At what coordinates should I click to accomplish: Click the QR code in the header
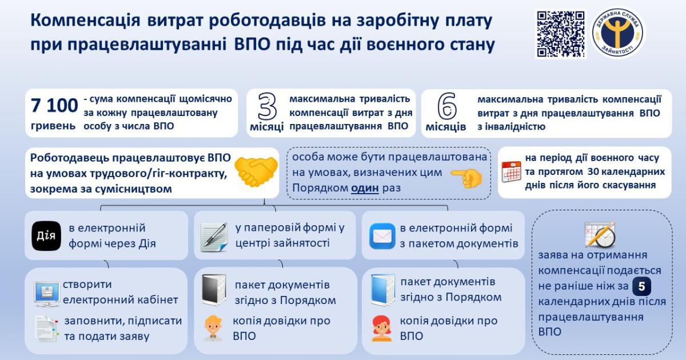click(561, 34)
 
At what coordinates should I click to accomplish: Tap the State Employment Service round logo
click(618, 33)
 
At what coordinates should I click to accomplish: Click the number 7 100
click(54, 105)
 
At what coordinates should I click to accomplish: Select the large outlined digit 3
click(267, 106)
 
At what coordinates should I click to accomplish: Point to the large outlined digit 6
click(447, 106)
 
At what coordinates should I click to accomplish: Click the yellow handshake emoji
click(256, 172)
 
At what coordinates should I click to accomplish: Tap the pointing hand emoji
click(467, 178)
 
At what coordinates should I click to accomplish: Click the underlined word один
click(365, 187)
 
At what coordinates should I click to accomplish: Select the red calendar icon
click(511, 171)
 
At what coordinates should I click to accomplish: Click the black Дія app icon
click(46, 236)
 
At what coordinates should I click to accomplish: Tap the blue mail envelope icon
click(382, 236)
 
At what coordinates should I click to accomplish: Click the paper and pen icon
click(214, 237)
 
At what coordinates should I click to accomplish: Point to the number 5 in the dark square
click(641, 286)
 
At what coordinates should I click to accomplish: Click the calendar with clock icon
click(600, 235)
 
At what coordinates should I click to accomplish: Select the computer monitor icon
click(47, 294)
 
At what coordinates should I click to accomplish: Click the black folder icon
click(214, 290)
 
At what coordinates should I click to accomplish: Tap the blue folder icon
click(382, 290)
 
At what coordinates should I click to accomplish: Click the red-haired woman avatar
click(382, 328)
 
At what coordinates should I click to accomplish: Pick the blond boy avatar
click(213, 328)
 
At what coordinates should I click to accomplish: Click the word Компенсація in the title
click(85, 21)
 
